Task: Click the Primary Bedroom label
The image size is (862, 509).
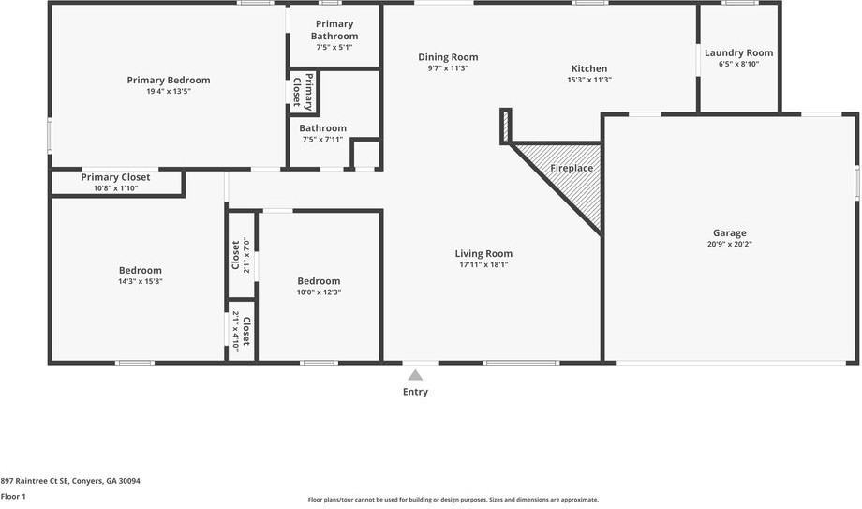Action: (169, 81)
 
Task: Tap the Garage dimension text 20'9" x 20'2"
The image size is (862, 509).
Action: (730, 245)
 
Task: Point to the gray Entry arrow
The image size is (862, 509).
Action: (415, 375)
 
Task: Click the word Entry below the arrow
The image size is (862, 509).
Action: (415, 392)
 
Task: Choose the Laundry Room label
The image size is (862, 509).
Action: (739, 52)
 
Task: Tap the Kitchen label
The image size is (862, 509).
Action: (589, 68)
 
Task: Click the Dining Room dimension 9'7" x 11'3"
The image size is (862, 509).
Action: (448, 68)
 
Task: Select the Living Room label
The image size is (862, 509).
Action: (483, 254)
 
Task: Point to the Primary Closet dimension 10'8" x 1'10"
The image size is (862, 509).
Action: (115, 188)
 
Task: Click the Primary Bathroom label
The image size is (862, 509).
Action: (334, 30)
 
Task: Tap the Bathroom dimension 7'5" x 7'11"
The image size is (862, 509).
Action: (322, 140)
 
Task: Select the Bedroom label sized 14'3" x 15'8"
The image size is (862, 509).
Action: (141, 271)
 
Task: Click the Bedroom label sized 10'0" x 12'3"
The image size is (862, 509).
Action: (319, 281)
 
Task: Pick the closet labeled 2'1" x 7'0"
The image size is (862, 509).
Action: (241, 255)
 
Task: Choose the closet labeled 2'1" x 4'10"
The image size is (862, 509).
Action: (241, 331)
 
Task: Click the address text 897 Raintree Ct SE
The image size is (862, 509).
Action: (34, 481)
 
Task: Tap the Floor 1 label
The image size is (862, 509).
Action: (13, 496)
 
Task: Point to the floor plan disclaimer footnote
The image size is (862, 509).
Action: (453, 500)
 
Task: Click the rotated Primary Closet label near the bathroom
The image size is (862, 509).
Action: (303, 91)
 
